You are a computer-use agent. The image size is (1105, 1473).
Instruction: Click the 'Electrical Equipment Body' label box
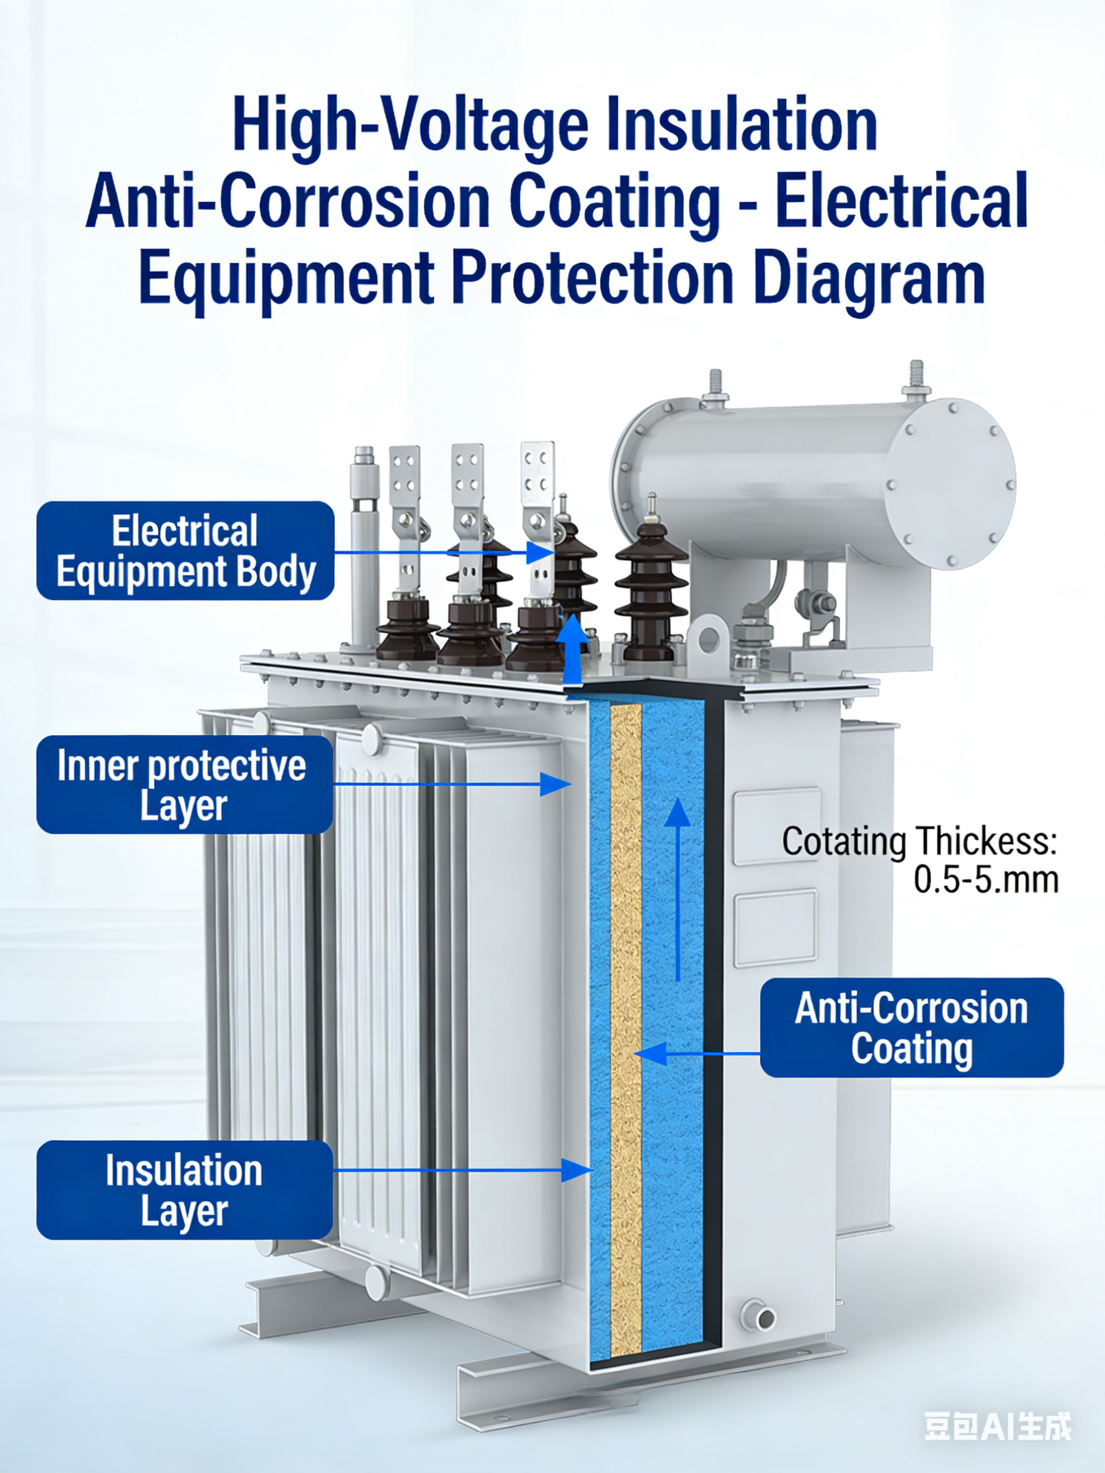click(185, 551)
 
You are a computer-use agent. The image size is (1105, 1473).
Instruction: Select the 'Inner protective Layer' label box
click(184, 784)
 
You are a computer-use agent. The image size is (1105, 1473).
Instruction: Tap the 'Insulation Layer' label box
click(184, 1190)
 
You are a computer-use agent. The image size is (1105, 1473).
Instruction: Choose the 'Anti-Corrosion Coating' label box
click(912, 1027)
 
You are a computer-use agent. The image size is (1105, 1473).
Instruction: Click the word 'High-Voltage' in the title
click(410, 125)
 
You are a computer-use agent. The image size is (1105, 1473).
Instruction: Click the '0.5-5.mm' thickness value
click(987, 880)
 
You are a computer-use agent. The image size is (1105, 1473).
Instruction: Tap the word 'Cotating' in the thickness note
click(844, 842)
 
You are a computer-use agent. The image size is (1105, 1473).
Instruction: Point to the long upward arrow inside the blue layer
click(677, 889)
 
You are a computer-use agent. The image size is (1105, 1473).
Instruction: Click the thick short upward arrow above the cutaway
click(572, 649)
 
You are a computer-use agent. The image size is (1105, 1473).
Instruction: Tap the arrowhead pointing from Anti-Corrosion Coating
click(650, 1054)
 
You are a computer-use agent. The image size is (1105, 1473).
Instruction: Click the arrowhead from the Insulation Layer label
click(577, 1170)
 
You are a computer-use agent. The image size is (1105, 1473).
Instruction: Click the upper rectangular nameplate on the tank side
click(777, 826)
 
